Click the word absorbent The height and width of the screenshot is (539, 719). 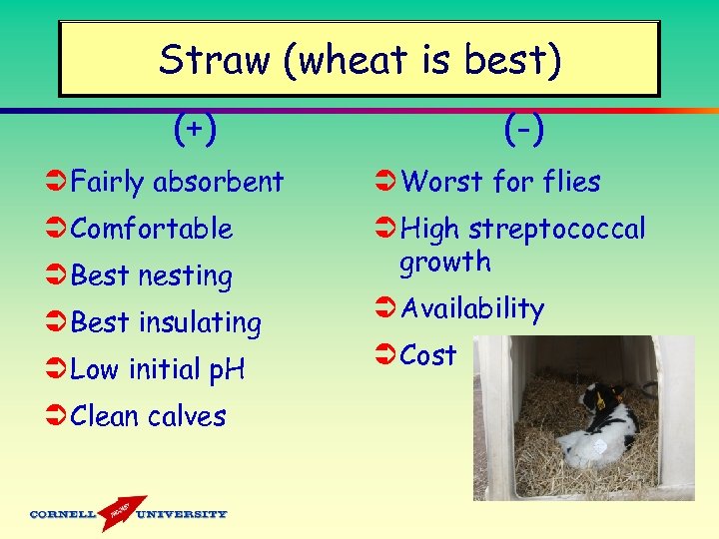218,182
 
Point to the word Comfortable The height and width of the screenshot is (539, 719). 152,229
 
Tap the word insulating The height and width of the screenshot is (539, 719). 200,323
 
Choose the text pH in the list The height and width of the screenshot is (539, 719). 228,370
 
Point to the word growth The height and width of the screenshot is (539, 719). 445,263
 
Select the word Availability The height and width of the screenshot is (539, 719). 472,309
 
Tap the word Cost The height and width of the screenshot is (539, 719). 428,355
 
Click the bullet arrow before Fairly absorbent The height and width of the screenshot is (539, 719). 57,183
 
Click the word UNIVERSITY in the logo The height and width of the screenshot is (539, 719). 182,515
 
